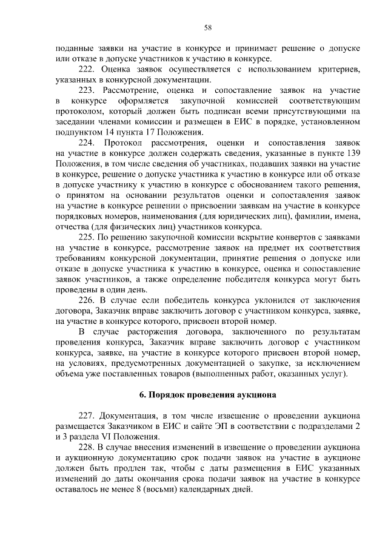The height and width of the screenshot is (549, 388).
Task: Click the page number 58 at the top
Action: (x=207, y=27)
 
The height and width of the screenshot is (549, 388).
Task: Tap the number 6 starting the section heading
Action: (x=142, y=394)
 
